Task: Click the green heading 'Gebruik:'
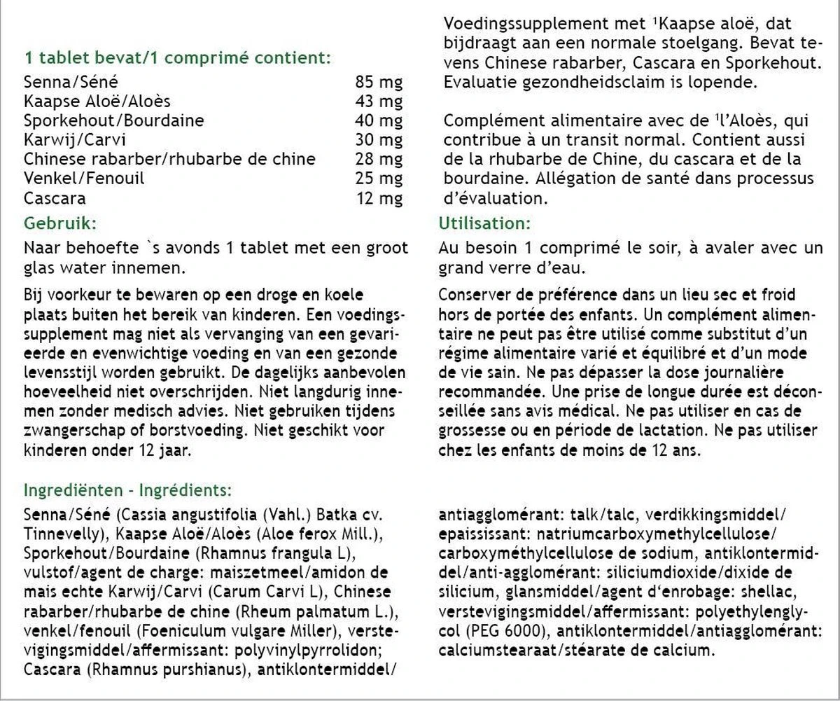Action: pos(59,223)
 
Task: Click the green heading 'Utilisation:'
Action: pos(484,223)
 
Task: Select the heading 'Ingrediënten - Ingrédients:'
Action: pos(128,489)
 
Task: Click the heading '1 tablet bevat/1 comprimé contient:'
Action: pos(177,57)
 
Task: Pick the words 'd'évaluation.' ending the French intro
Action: pos(494,198)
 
